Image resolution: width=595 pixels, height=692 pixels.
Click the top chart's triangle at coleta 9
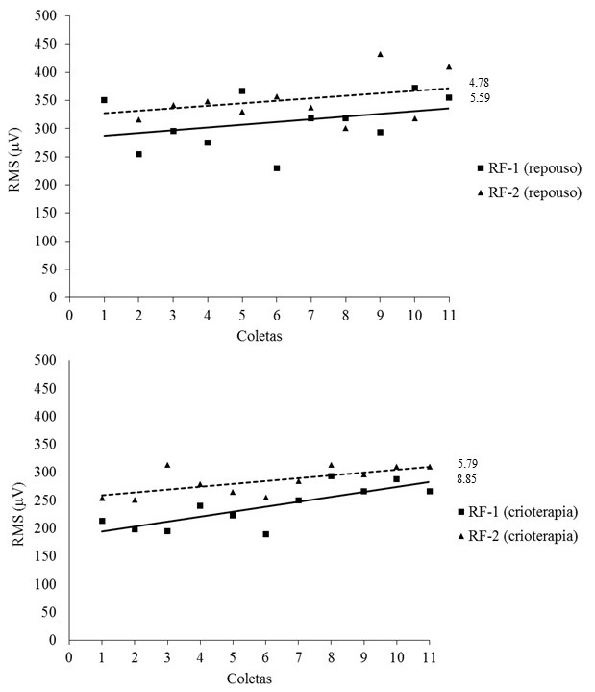[380, 54]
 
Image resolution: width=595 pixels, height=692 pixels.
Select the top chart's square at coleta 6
[277, 167]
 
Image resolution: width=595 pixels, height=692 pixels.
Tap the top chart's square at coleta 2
[138, 154]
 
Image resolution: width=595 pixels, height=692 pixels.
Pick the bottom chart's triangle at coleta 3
[167, 465]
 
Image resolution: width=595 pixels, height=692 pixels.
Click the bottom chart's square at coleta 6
[265, 533]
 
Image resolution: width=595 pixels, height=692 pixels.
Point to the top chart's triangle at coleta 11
[449, 66]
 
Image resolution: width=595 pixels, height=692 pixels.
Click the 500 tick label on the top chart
[46, 16]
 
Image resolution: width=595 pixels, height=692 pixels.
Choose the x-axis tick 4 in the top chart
[208, 314]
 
